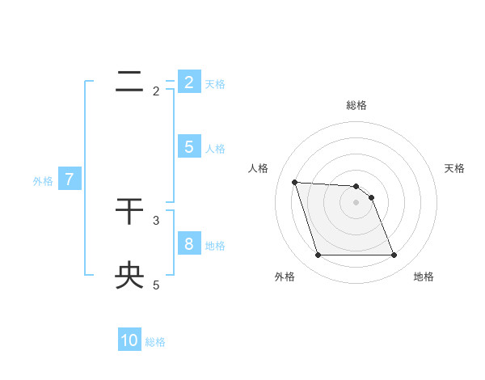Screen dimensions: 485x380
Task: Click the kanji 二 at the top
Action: [129, 82]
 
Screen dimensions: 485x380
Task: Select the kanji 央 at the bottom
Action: [129, 276]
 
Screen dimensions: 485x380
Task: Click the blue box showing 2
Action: [189, 82]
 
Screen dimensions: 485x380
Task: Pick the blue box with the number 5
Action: [189, 147]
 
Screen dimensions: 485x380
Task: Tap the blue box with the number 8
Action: [189, 243]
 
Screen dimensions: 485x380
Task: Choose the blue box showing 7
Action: [70, 179]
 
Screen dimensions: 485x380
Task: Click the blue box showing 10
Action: [129, 340]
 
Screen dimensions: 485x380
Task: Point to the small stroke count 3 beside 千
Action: [156, 220]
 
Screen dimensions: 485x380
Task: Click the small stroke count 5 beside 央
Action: [156, 285]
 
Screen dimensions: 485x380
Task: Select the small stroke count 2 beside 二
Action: [156, 91]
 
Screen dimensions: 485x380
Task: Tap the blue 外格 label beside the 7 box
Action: [43, 181]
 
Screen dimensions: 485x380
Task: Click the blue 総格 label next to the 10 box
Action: [155, 342]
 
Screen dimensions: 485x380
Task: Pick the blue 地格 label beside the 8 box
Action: [215, 245]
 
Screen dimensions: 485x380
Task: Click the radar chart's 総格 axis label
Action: [356, 105]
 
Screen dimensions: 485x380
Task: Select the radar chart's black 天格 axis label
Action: [455, 168]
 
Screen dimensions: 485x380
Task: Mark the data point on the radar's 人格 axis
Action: [295, 182]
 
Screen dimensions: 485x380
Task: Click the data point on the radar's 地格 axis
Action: [394, 255]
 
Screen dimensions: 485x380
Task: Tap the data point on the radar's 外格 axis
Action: [318, 255]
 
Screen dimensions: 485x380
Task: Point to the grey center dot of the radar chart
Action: [356, 202]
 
